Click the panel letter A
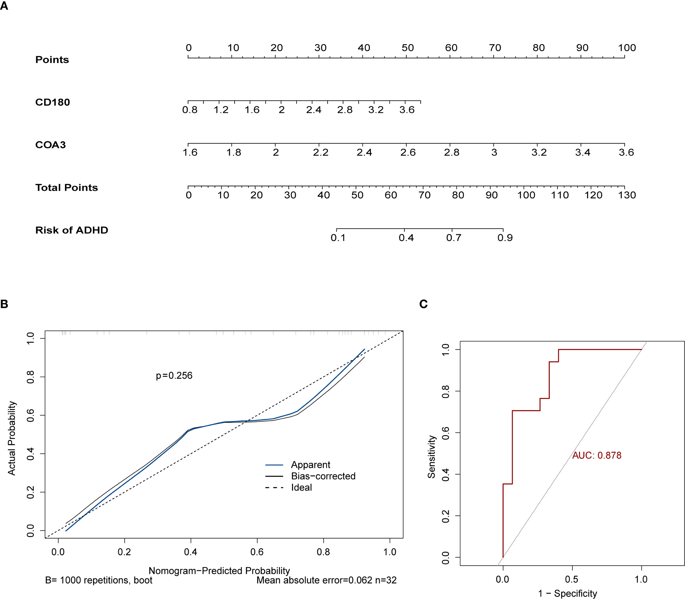coord(4,6)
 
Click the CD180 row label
coord(53,102)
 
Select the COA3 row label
coord(50,145)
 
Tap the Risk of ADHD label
coord(72,230)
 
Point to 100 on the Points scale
coord(626,48)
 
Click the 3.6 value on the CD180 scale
coord(407,110)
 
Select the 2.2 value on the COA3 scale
coord(320,153)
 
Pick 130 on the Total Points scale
coord(626,195)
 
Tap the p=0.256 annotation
coord(174,376)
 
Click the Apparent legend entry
coord(310,465)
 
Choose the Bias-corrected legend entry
coord(323,476)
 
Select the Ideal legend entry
coord(301,488)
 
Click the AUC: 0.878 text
coord(596,456)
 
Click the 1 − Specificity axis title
coord(567,593)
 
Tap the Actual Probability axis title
coord(12,438)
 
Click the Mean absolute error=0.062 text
coord(314,580)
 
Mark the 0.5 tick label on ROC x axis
coord(571,579)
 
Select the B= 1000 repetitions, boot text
coord(99,580)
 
